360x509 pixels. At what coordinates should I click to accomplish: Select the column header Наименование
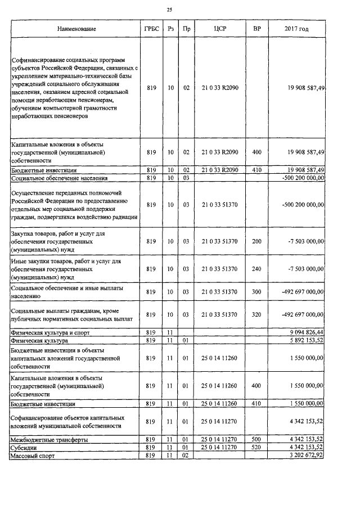(76, 29)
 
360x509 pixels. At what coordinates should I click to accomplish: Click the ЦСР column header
(220, 29)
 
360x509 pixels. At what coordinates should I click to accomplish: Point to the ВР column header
(256, 29)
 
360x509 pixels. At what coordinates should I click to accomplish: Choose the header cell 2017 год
(296, 29)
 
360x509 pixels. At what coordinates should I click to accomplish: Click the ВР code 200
(256, 241)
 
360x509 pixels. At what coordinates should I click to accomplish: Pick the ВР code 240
(256, 269)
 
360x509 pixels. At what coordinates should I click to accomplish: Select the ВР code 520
(256, 448)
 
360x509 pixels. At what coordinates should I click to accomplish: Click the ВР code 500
(256, 439)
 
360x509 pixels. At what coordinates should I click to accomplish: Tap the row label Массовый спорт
(33, 456)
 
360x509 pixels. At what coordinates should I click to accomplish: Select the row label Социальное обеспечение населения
(57, 178)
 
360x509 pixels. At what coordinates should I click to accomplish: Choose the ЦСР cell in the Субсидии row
(220, 448)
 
